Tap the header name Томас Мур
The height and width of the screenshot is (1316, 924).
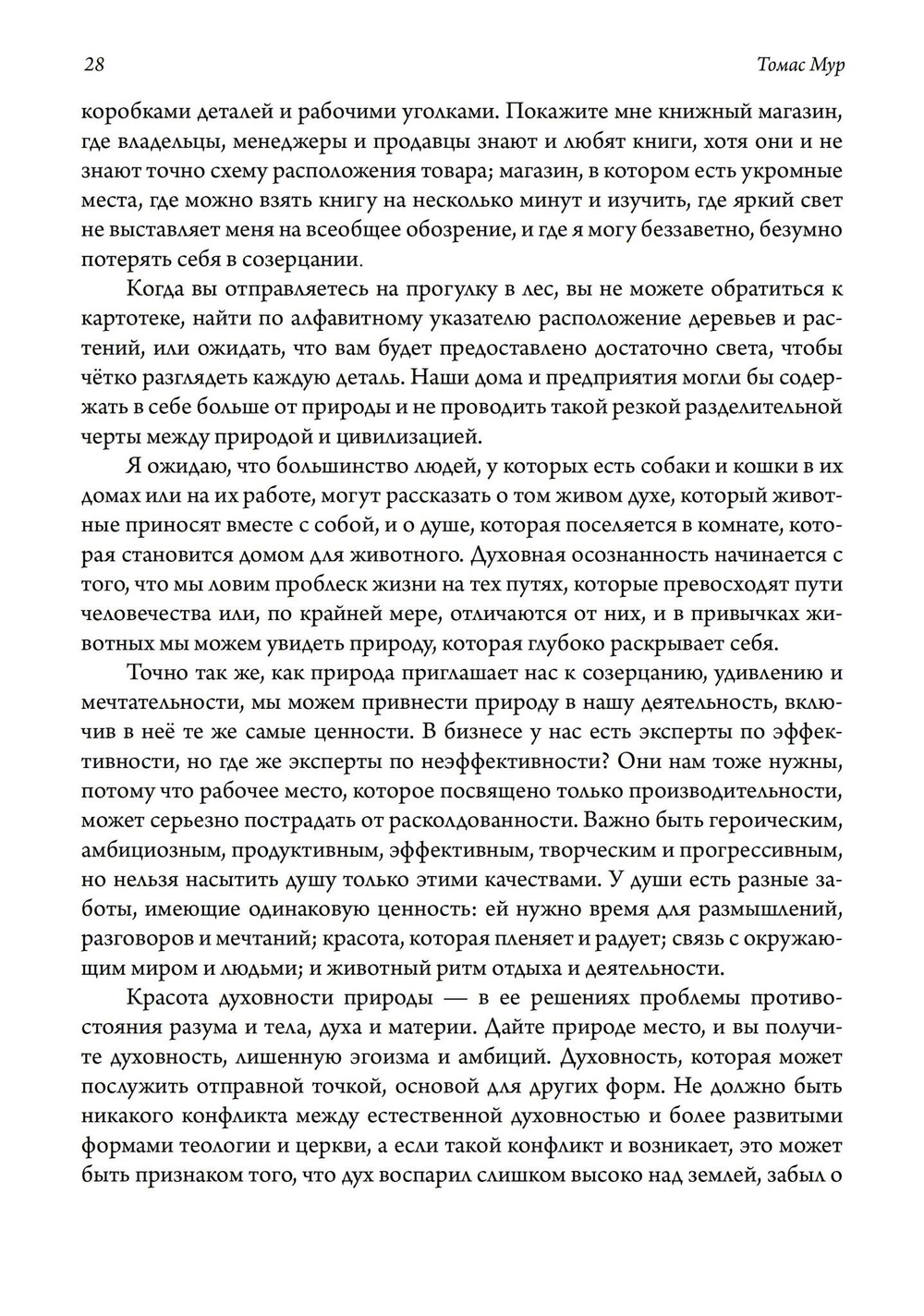[x=799, y=65]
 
